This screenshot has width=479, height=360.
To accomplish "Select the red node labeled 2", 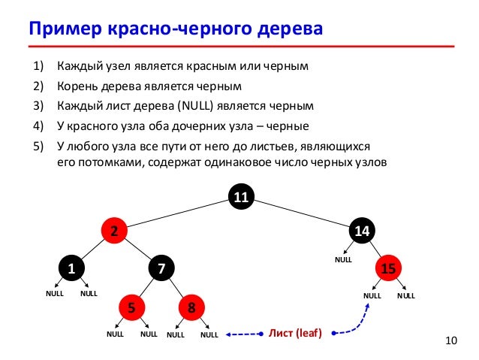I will (x=115, y=231).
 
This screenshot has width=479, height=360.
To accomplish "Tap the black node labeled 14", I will (x=363, y=231).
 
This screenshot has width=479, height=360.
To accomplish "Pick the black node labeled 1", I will (x=72, y=268).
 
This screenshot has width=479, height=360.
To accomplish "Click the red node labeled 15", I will (x=389, y=268).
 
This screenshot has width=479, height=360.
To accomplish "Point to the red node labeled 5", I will (x=131, y=307).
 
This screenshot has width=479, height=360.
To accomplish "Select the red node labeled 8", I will (x=191, y=307).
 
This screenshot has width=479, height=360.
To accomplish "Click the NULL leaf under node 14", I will (x=343, y=259).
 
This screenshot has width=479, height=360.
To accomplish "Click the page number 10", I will (x=450, y=343).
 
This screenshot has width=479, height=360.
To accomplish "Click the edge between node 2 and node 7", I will (x=137, y=250).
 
